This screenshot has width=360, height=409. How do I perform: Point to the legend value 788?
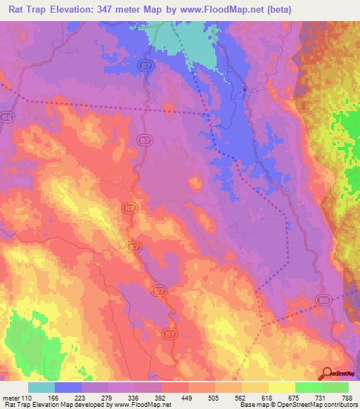347,397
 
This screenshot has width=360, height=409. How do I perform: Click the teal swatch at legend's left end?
41,387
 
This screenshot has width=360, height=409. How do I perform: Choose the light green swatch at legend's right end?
335,387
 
